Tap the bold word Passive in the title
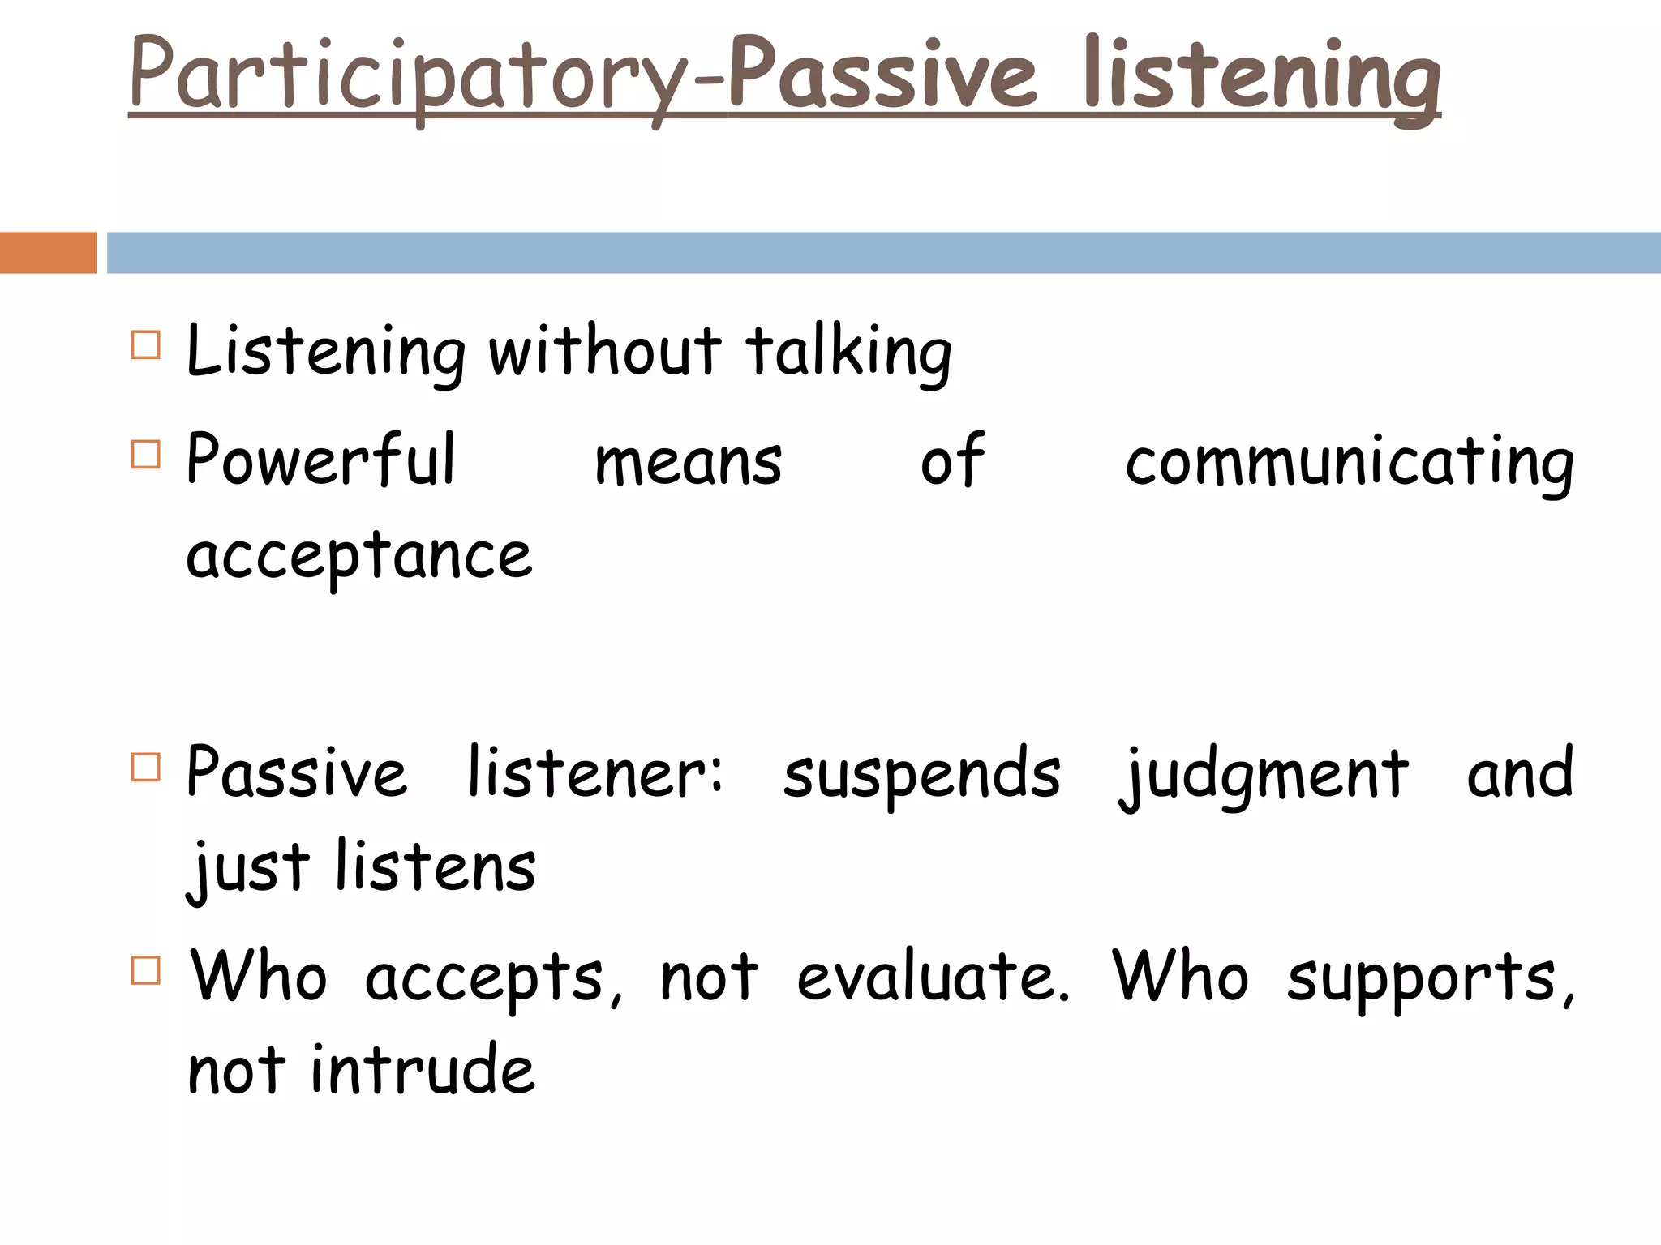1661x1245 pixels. tap(882, 75)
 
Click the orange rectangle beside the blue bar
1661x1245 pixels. tap(48, 252)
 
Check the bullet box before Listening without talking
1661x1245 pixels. tap(145, 344)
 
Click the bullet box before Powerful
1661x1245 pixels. tap(145, 455)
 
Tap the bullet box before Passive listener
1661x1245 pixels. tap(145, 767)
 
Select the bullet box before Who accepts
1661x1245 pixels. tap(145, 969)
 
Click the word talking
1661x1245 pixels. tap(848, 353)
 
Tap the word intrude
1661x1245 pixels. tap(423, 1070)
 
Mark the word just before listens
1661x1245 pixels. tap(248, 869)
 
